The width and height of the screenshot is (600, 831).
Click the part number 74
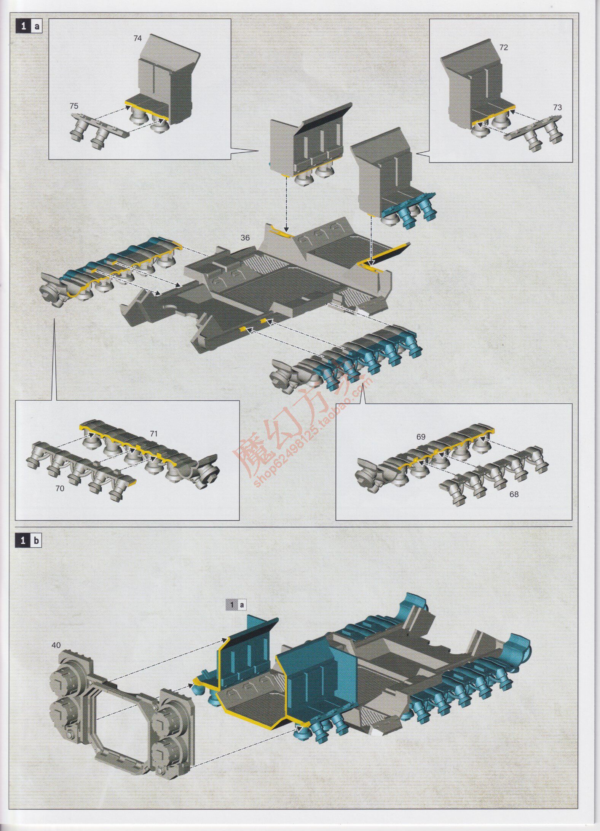click(x=137, y=38)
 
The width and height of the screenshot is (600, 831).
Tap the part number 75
click(x=74, y=106)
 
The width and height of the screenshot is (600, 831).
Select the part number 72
click(x=503, y=48)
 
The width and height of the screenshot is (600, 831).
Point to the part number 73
click(x=557, y=108)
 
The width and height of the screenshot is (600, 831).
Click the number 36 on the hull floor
click(x=245, y=238)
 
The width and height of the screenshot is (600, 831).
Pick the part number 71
click(x=153, y=433)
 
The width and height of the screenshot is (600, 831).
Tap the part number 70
click(x=60, y=488)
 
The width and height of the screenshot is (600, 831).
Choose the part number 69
click(x=420, y=437)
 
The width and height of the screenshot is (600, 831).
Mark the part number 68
click(x=514, y=494)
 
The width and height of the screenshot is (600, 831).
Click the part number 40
click(x=56, y=645)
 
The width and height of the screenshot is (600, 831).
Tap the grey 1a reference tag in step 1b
click(x=236, y=604)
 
